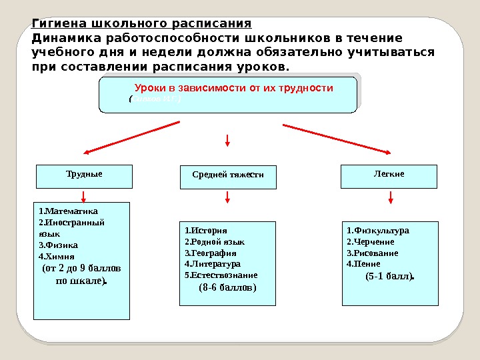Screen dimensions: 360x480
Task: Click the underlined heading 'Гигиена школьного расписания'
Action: (141, 25)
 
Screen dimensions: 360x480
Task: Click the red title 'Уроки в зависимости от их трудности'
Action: (233, 88)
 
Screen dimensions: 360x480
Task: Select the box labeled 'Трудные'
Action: (84, 175)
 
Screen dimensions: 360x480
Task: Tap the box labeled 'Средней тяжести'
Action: (228, 176)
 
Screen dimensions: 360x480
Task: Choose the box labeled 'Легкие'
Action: (389, 175)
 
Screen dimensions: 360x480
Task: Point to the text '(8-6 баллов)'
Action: (227, 288)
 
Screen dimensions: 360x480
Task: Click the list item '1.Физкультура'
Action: (378, 231)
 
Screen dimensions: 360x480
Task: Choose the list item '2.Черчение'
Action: (371, 242)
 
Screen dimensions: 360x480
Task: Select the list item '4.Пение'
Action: (364, 264)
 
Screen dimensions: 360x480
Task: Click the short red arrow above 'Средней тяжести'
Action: (227, 140)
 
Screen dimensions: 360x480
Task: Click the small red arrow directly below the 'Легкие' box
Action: (391, 197)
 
